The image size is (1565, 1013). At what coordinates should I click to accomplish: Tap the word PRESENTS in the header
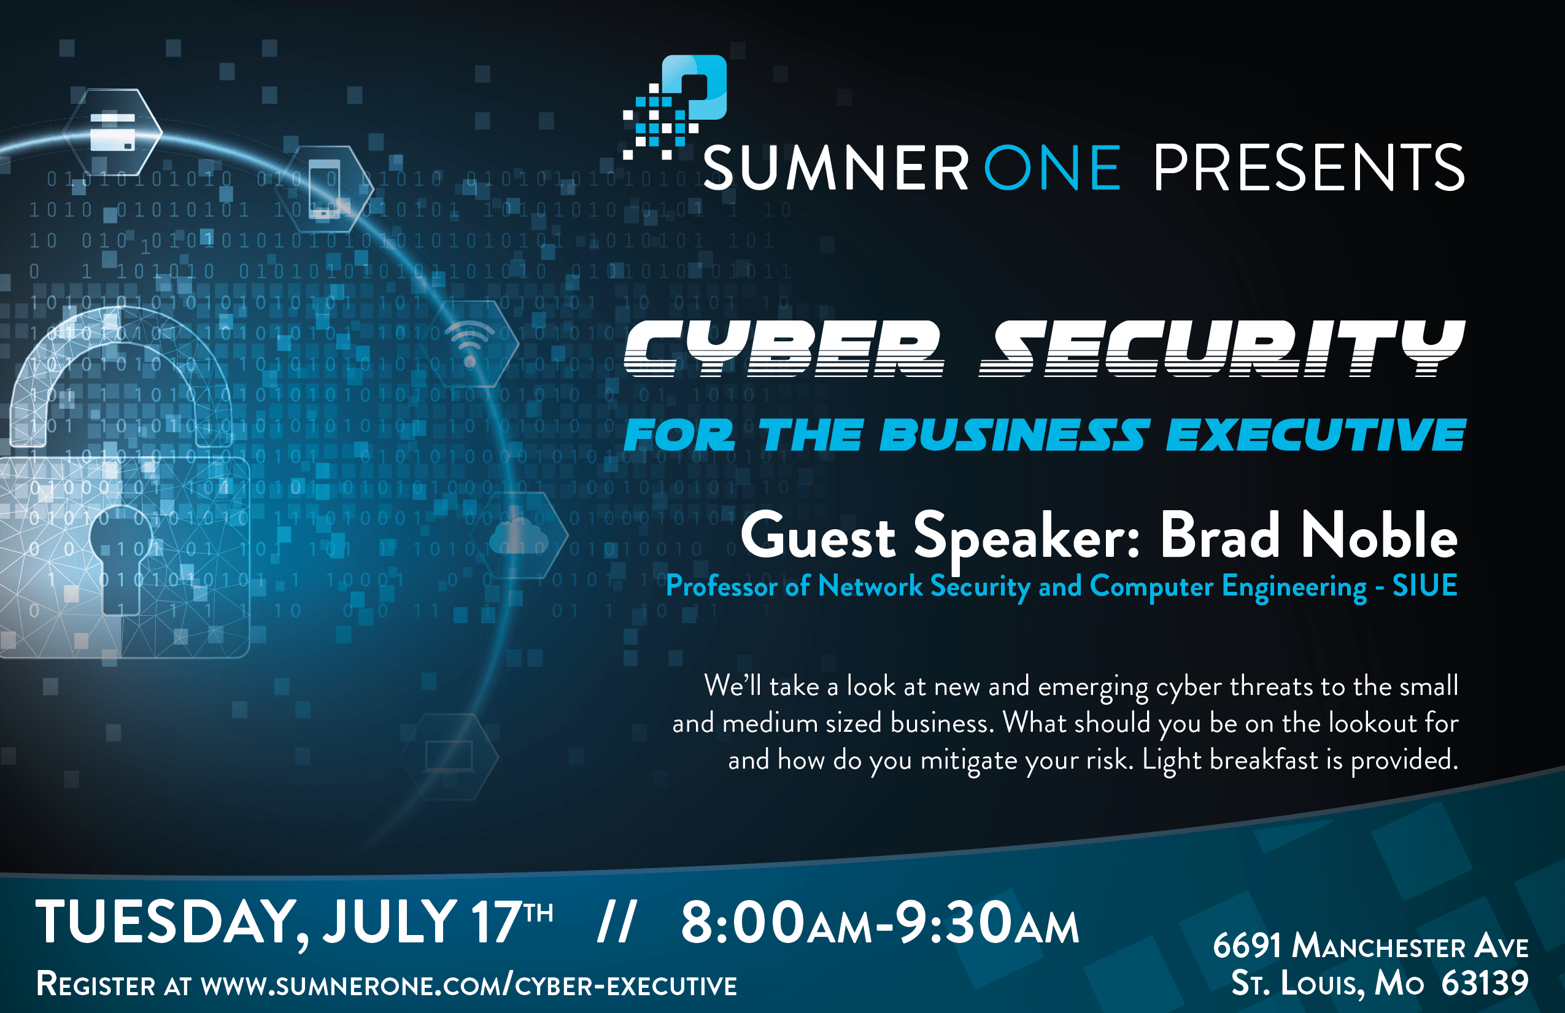(x=1308, y=168)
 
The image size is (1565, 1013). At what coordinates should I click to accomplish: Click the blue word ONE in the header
(x=1052, y=168)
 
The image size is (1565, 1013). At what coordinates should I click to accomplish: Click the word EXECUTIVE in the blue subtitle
(x=1316, y=435)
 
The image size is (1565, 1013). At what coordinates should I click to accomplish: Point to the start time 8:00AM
(x=776, y=922)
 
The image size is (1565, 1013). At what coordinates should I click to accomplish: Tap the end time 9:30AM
(x=986, y=922)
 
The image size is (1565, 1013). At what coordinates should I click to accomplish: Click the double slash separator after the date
(x=616, y=922)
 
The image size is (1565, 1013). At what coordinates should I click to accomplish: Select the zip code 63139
(x=1485, y=984)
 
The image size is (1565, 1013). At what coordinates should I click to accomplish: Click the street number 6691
(x=1246, y=946)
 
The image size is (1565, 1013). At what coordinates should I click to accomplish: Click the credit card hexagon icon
(x=112, y=131)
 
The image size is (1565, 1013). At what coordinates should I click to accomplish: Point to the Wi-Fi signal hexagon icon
(x=470, y=343)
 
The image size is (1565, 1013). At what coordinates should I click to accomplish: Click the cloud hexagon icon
(x=519, y=535)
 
